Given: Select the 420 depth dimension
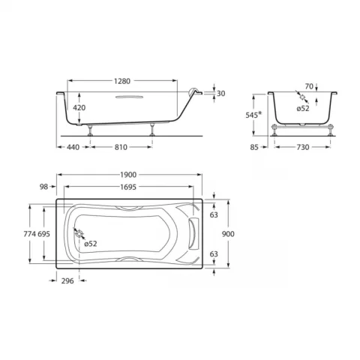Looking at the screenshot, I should (80, 107).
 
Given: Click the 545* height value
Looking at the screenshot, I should (253, 115).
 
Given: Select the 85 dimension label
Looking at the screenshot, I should (254, 148).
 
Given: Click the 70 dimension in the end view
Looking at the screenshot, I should (307, 87).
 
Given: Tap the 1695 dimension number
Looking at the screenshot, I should (128, 187).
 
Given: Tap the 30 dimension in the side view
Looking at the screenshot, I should (220, 94).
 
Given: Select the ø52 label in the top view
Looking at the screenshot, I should (90, 244).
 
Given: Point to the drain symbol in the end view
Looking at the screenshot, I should (301, 97).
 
